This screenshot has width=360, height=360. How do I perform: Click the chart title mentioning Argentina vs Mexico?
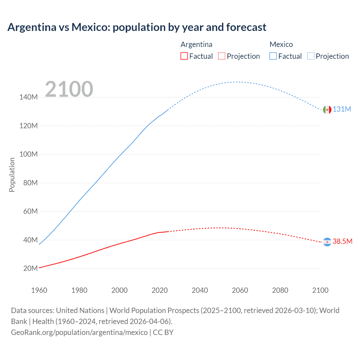tap(137, 27)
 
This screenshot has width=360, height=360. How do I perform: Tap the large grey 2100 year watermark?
tap(69, 89)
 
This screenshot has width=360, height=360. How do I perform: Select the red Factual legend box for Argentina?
tap(184, 56)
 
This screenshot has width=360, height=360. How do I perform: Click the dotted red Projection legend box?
tap(222, 56)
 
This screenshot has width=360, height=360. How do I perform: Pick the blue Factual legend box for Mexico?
tap(273, 56)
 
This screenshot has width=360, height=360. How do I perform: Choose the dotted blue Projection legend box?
tap(310, 56)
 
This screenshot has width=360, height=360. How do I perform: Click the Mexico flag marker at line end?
tap(327, 109)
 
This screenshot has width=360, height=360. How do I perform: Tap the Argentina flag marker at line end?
tap(327, 242)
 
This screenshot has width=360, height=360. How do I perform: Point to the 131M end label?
tap(342, 109)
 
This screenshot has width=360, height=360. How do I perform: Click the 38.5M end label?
tap(342, 242)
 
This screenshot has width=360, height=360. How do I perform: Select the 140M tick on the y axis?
tap(28, 97)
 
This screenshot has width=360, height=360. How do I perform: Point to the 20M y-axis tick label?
tap(30, 268)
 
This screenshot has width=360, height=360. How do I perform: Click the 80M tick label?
tap(30, 183)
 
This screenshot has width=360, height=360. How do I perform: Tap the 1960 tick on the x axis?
tap(39, 290)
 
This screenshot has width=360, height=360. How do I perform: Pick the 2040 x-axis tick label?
tap(200, 290)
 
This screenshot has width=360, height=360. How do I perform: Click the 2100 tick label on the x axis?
tap(320, 290)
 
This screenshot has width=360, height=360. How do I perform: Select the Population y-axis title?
tap(12, 175)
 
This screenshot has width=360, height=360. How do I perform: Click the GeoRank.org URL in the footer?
tap(79, 332)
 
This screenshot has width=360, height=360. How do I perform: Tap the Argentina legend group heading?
tap(196, 44)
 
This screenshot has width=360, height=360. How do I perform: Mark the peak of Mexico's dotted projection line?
tap(238, 82)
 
